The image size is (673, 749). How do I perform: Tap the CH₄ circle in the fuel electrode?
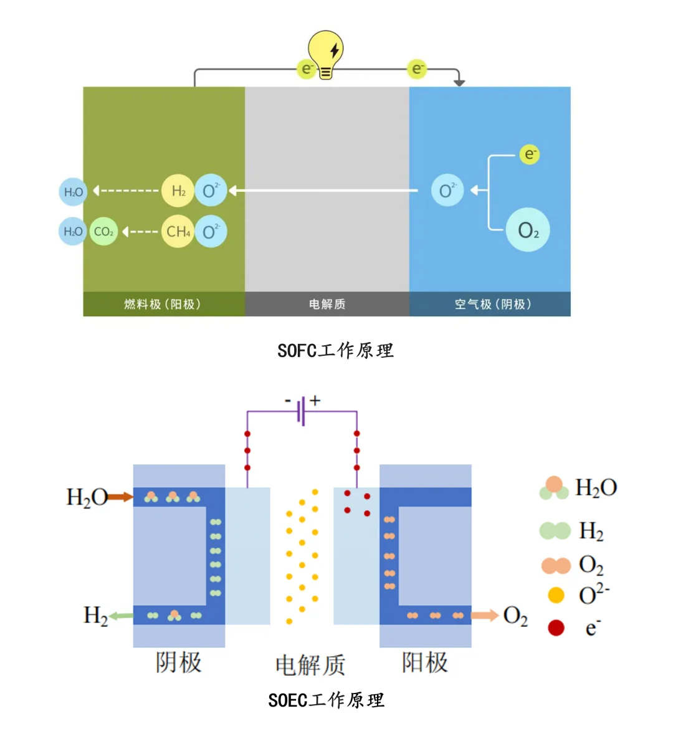(x=178, y=232)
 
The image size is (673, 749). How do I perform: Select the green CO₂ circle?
(x=103, y=232)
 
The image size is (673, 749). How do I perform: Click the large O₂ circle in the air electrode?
(x=528, y=231)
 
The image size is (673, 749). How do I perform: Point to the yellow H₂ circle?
(x=178, y=191)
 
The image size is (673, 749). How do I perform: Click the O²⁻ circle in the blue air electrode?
(x=447, y=190)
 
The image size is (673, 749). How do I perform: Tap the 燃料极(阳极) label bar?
(x=163, y=304)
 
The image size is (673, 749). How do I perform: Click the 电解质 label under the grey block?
(x=327, y=304)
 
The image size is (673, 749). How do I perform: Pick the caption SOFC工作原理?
(x=335, y=351)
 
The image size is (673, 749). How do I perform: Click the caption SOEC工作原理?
(x=326, y=700)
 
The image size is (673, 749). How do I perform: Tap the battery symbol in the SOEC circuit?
(x=302, y=411)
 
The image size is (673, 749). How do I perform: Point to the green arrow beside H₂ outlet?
(x=122, y=616)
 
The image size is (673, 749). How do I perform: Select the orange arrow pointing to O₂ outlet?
(x=485, y=616)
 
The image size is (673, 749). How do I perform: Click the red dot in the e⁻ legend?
(x=556, y=627)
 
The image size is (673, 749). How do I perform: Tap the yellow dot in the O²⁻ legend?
(x=556, y=596)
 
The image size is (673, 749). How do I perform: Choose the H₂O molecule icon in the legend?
(x=554, y=489)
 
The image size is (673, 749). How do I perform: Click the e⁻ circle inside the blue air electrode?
(x=529, y=154)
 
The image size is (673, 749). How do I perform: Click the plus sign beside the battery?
(x=315, y=401)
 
